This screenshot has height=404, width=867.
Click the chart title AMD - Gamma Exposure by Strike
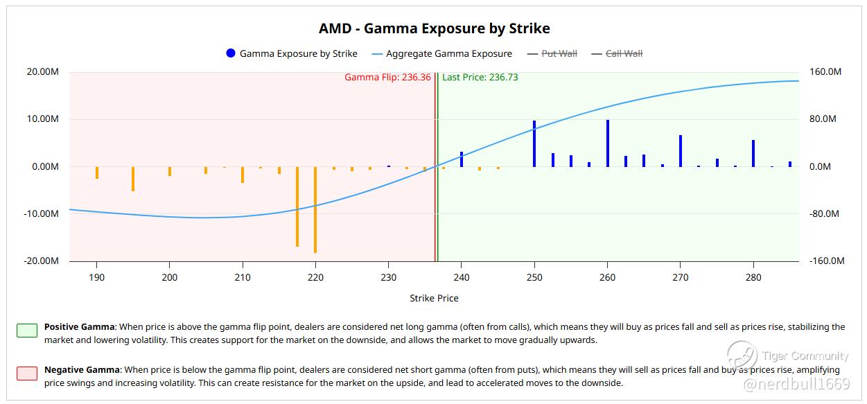point(434,28)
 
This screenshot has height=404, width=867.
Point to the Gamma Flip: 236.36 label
point(387,78)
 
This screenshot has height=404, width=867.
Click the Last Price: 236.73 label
point(480,78)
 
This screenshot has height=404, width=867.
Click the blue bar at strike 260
point(608,143)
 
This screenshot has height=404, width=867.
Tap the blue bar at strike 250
point(534,143)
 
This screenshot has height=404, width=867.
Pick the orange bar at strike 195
point(133,179)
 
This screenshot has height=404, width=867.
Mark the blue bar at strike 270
point(681,151)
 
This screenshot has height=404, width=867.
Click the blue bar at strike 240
point(462,159)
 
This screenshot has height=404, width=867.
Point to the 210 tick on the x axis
point(243,277)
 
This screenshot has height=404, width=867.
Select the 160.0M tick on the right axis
point(825,72)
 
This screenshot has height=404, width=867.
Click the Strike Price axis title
point(434,299)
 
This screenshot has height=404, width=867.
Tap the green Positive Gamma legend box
point(27,330)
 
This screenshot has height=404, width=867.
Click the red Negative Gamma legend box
point(27,373)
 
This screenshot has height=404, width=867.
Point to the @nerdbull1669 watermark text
point(796,383)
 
